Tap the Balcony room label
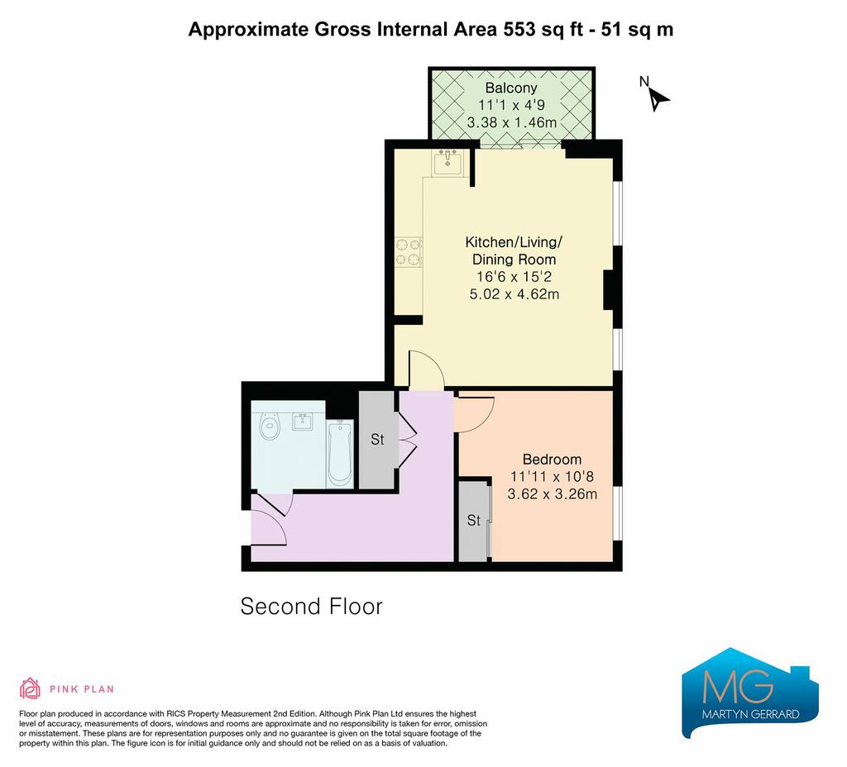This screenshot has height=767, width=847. point(511,88)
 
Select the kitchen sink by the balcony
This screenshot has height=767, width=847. point(447,163)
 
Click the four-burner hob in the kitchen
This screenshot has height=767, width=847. point(409,253)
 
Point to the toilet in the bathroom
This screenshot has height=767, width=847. point(270,426)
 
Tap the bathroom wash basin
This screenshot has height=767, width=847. point(303,421)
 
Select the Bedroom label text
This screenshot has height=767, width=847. point(552,460)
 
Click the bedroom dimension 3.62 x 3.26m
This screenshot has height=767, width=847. point(552,494)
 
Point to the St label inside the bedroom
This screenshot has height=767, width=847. point(474,521)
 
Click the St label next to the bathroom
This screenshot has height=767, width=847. point(377,440)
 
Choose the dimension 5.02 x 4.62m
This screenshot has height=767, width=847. point(514,294)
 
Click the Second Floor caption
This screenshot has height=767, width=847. point(311,607)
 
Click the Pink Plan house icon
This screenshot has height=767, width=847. point(31,688)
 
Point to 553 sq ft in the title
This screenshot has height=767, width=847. point(543,29)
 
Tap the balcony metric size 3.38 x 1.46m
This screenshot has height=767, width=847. point(511,122)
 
